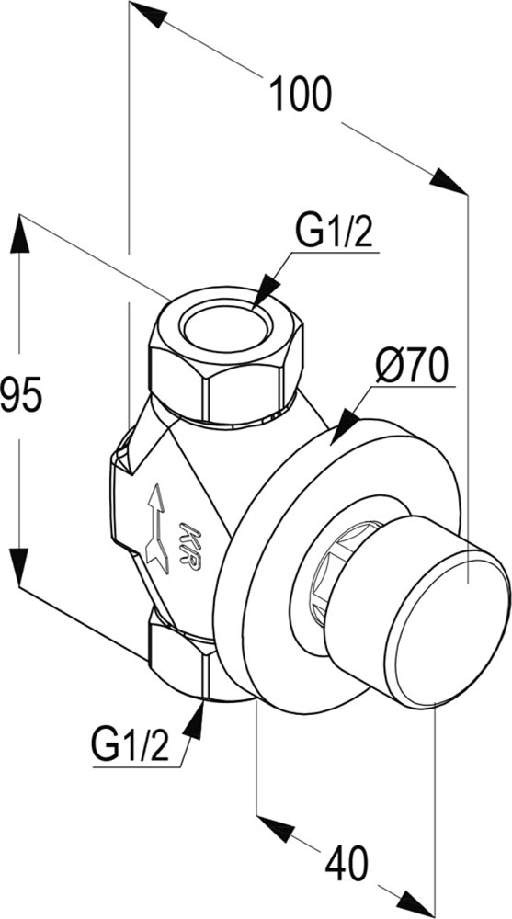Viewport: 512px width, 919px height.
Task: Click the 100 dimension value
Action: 301,95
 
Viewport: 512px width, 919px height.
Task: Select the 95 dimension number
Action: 21,394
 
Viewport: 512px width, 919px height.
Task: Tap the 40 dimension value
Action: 347,863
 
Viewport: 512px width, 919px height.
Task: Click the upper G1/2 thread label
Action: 334,232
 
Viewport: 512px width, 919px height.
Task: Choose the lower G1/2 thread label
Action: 131,745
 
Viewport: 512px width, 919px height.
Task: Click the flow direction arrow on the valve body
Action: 157,528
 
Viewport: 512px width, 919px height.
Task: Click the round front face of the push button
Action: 448,632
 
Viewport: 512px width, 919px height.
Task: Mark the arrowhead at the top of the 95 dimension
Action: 19,233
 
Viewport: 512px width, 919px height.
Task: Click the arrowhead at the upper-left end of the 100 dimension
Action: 148,14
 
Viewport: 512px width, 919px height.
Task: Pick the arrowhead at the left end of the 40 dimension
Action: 276,829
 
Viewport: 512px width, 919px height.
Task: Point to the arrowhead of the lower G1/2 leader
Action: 194,720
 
